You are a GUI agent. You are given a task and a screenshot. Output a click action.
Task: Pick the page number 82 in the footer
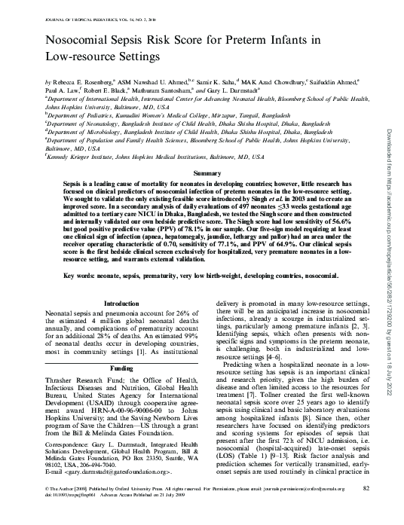coord(366,510)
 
